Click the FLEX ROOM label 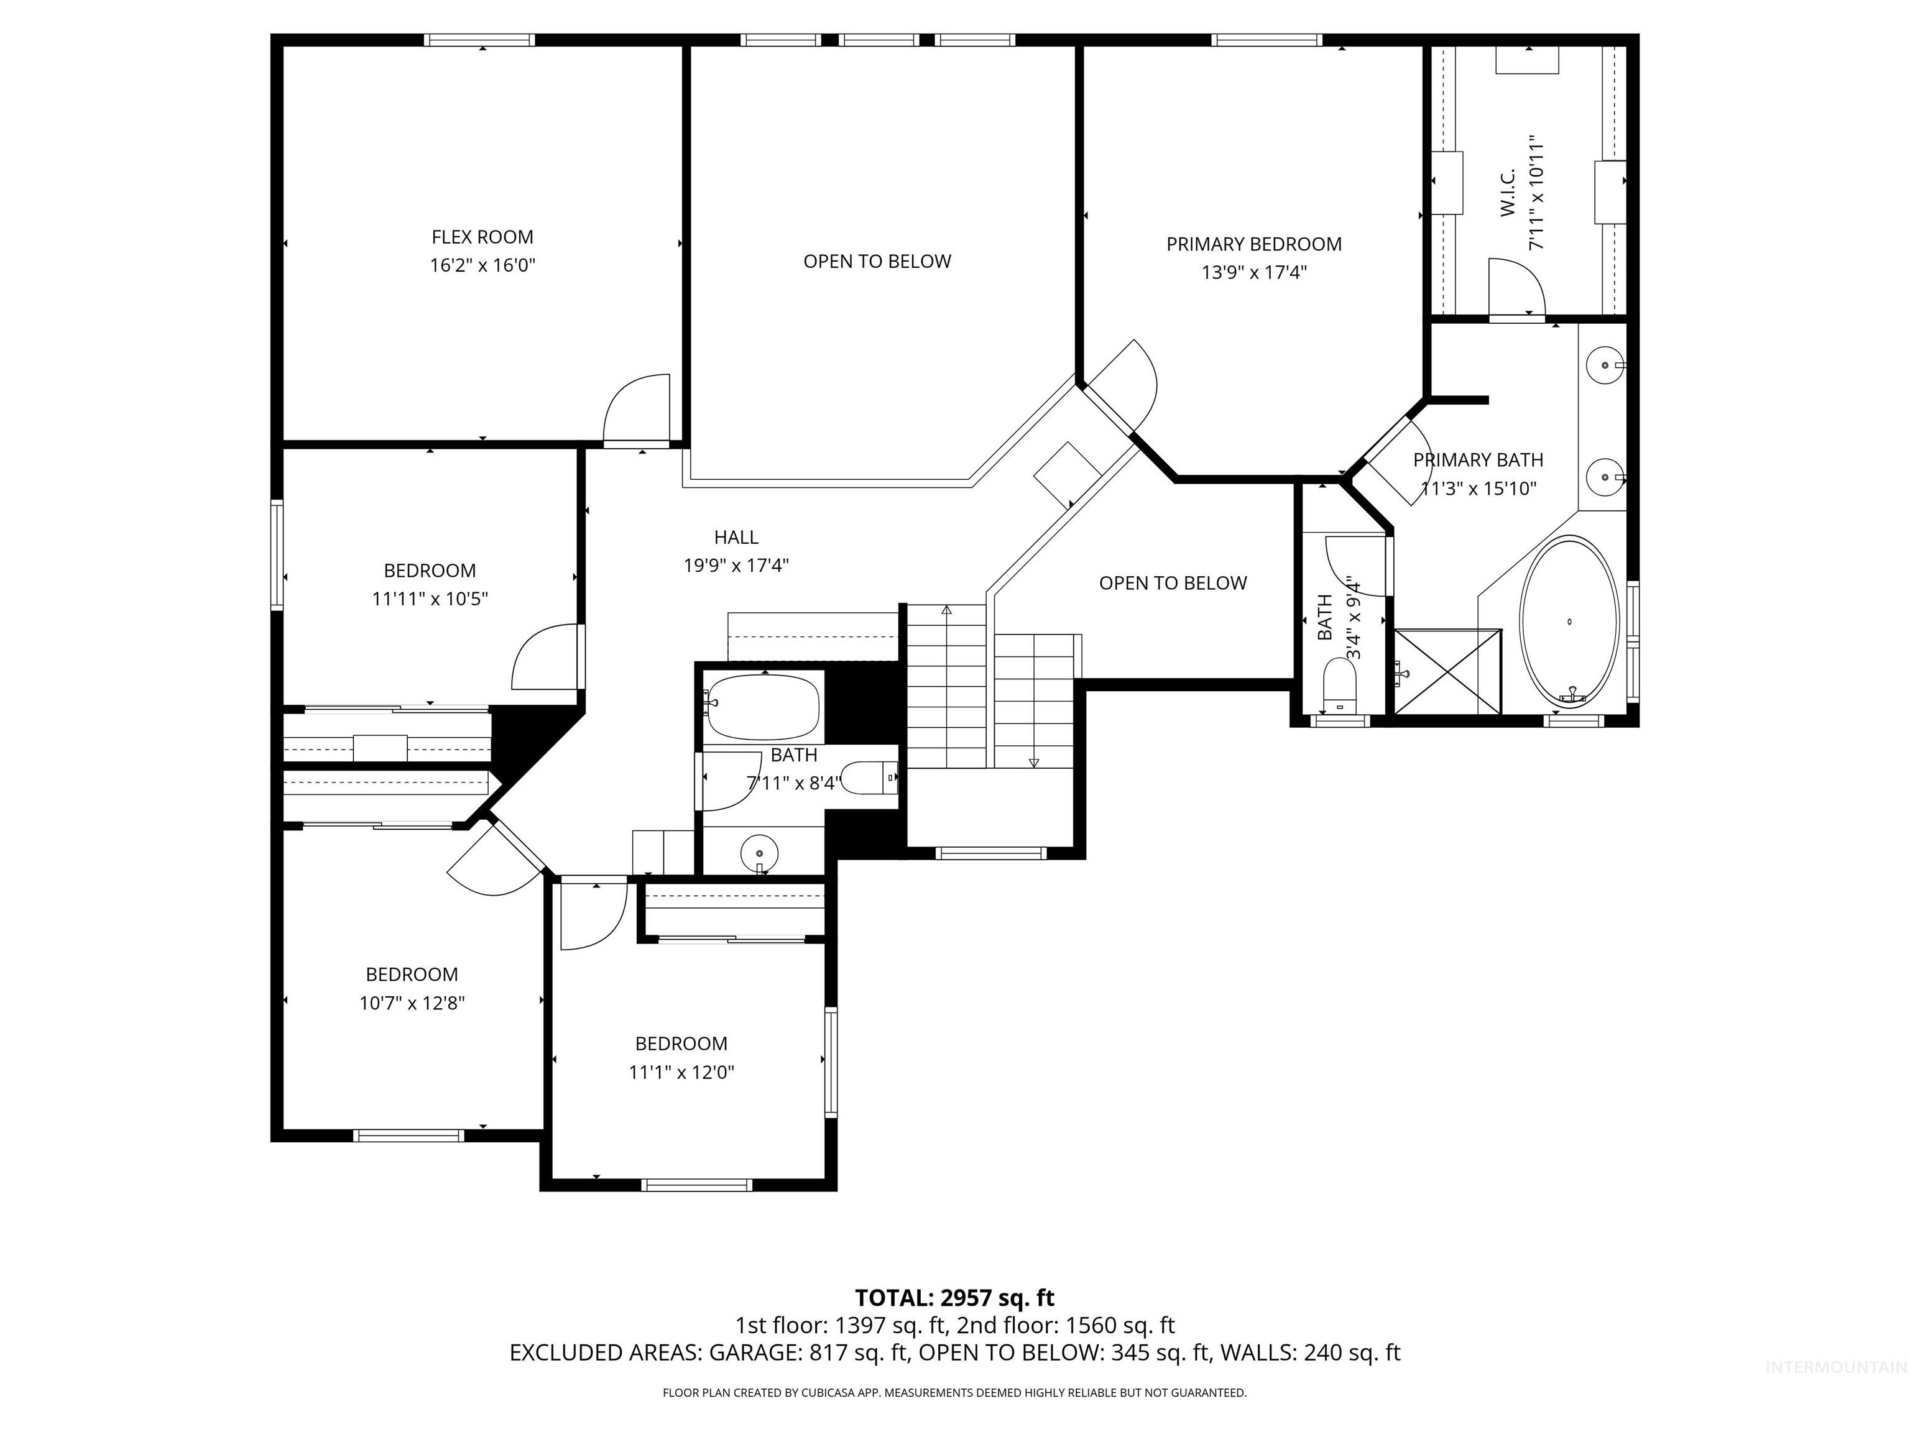click(x=482, y=237)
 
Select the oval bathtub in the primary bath click(x=1569, y=622)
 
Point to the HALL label click(x=736, y=537)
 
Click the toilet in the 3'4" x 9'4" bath click(x=1339, y=686)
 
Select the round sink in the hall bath click(x=759, y=853)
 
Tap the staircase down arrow click(x=1033, y=761)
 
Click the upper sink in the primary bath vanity click(x=1604, y=365)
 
